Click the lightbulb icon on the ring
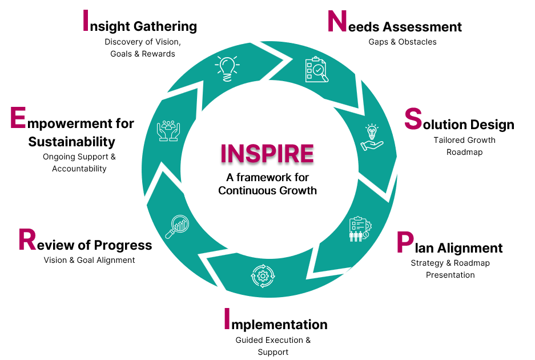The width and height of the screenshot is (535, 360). (x=227, y=68)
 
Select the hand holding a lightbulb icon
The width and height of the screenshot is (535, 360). (x=371, y=137)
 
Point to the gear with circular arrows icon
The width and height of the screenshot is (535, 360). (x=263, y=275)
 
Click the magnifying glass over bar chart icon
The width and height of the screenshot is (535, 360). (x=177, y=226)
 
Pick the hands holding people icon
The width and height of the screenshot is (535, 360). (x=168, y=130)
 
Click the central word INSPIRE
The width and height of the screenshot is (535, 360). (x=267, y=153)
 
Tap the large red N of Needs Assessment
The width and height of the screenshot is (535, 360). (x=337, y=22)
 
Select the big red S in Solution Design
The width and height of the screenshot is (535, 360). (x=412, y=119)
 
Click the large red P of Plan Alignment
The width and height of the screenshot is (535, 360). (x=404, y=243)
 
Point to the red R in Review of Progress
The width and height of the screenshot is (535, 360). (x=27, y=240)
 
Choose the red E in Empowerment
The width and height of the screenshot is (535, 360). (x=18, y=118)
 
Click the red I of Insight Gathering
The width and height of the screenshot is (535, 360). (x=86, y=21)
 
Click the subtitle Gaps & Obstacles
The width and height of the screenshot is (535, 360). (x=403, y=42)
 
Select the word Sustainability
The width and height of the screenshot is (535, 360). (x=72, y=141)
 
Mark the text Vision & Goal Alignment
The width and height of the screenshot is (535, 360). (x=90, y=260)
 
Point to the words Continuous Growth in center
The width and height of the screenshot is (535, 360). (x=267, y=190)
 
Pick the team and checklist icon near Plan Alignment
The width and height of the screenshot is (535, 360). (x=359, y=229)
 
